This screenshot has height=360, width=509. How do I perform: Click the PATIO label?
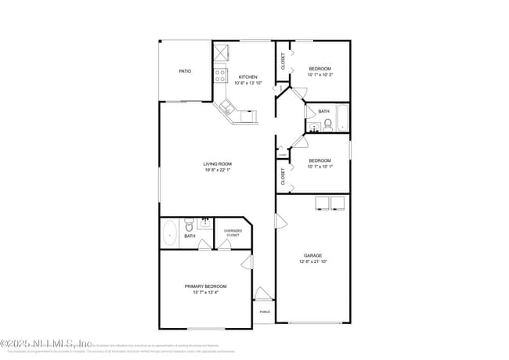(x=185, y=71)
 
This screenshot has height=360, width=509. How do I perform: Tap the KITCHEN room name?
(x=248, y=77)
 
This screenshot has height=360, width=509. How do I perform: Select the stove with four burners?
(x=221, y=76)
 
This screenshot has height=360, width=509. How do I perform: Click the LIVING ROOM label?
(x=218, y=164)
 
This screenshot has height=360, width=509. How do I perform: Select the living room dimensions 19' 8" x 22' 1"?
(x=218, y=170)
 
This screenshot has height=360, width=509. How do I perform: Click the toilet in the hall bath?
(x=327, y=124)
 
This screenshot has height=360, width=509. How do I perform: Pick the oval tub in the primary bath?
(x=170, y=234)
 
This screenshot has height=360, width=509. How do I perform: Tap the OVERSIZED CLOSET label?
(x=233, y=232)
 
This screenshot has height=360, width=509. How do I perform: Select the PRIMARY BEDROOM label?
(x=206, y=286)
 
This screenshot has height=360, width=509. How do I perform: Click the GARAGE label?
(x=313, y=255)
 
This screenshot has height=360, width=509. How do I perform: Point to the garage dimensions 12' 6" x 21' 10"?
(x=313, y=261)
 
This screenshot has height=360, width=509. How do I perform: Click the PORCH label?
(x=264, y=311)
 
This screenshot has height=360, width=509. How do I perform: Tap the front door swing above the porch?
(x=263, y=294)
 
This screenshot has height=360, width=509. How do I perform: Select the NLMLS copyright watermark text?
(x=46, y=344)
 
